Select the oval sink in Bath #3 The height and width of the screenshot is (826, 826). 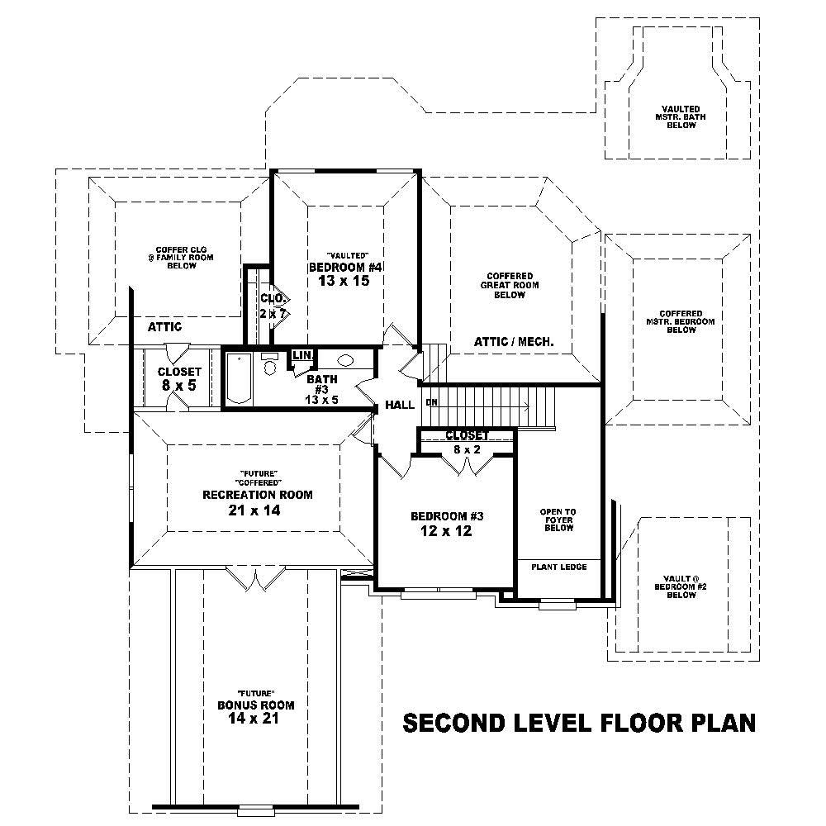point(346,361)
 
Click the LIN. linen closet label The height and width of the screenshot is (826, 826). point(301,355)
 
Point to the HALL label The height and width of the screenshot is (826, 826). point(399,406)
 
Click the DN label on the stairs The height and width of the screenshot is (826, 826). point(431,403)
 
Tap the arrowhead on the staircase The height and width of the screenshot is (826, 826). point(525,406)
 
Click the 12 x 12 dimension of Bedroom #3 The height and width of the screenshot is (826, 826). point(446,531)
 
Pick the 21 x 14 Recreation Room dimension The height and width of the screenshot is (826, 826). point(258,510)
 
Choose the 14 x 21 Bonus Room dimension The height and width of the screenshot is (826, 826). point(255,719)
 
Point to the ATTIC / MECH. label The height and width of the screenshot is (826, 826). point(514,341)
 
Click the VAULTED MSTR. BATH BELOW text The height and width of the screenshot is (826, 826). point(681,116)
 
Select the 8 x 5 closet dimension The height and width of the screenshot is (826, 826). point(179,385)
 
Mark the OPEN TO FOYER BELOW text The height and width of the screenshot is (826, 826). point(558,520)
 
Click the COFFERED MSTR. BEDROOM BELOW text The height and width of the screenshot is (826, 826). point(681,321)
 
